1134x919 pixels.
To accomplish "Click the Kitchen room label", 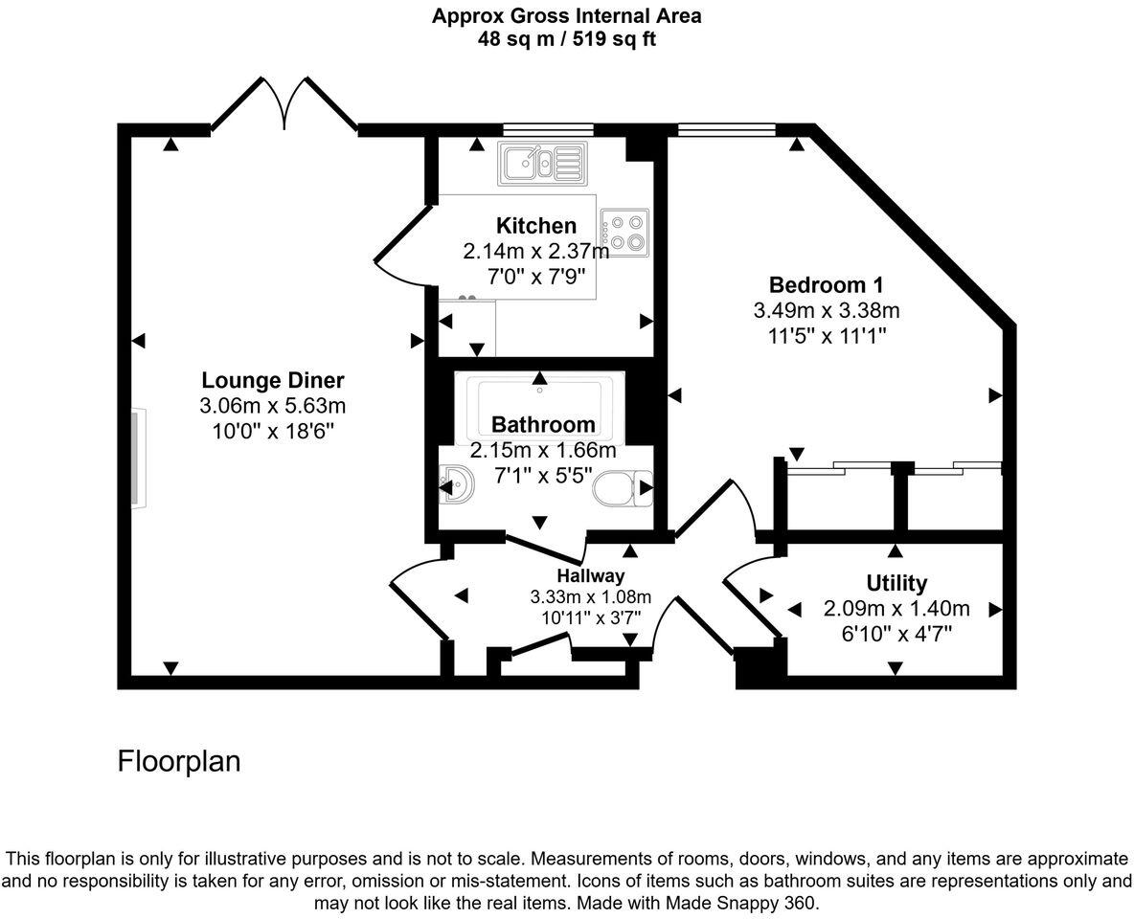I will (x=536, y=226).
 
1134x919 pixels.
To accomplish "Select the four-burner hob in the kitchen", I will (x=624, y=231).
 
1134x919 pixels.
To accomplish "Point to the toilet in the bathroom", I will (x=622, y=489).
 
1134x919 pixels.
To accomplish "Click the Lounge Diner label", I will (x=273, y=379).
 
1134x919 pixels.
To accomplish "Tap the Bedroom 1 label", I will (x=826, y=284).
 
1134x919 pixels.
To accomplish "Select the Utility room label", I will (x=896, y=583).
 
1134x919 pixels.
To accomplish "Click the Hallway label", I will (x=591, y=575).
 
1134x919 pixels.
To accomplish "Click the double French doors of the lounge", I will (x=283, y=103).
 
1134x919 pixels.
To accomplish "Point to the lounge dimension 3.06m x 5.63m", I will (x=273, y=405).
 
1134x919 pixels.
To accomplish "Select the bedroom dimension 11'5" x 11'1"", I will (x=826, y=336).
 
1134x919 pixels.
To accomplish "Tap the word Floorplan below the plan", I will (x=179, y=761).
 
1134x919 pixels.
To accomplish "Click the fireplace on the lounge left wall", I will (x=139, y=457).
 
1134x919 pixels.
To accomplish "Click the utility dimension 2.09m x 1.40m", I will (x=896, y=609).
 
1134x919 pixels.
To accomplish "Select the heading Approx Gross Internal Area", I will (x=566, y=15).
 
